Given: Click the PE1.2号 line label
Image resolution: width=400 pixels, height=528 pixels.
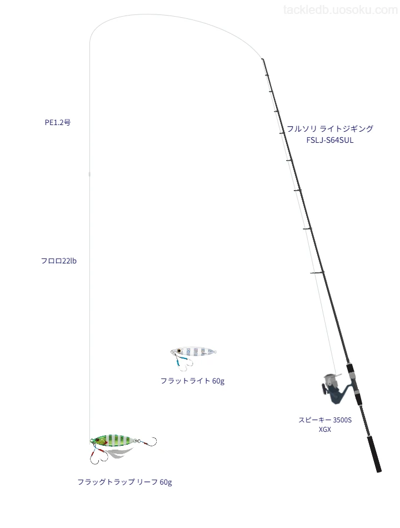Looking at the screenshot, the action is [58, 123].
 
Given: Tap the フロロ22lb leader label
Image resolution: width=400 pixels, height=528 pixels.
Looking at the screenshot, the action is [58, 261].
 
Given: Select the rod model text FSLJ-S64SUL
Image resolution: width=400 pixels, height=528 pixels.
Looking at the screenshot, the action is [330, 140].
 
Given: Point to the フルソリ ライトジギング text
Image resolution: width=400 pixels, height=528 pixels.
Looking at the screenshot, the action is [330, 128].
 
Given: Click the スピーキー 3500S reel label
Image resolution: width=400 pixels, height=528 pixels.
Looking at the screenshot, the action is [325, 420].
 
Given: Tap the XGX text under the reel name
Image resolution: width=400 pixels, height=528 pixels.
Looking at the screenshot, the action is [325, 429].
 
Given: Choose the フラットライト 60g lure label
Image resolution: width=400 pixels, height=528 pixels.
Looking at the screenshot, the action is [192, 381].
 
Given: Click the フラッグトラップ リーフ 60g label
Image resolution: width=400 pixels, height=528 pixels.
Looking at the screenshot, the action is [124, 482].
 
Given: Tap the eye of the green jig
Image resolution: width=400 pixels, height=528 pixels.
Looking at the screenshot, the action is [97, 440].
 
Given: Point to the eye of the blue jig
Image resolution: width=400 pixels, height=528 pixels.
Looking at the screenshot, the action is [178, 351].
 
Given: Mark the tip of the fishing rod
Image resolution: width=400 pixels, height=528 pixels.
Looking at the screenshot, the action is [262, 59].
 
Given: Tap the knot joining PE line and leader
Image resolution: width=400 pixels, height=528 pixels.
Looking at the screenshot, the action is [89, 174].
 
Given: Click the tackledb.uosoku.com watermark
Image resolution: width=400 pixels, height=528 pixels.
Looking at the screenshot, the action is [341, 10].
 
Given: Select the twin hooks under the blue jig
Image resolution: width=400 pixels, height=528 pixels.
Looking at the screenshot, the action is [182, 363].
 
